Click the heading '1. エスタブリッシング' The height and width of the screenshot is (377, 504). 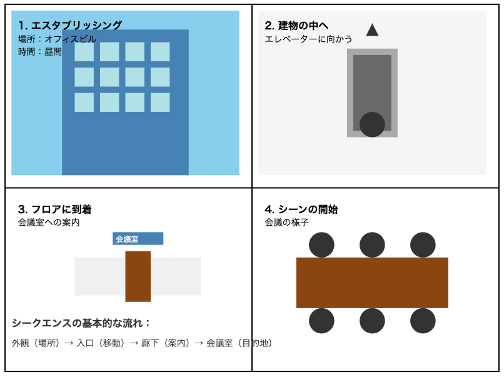coord(70,25)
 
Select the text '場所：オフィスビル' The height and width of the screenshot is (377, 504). coord(57,39)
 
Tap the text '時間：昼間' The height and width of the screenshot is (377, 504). coord(40,51)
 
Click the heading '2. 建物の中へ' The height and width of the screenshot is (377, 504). coord(296,26)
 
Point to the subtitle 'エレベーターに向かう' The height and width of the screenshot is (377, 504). coord(308,39)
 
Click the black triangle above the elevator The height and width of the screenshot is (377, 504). coord(372,29)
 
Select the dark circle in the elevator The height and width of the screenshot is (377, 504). coord(372,124)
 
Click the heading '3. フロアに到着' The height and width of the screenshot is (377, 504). coord(54,209)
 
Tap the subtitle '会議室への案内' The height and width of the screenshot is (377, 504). coord(49,223)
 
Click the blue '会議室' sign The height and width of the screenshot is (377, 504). coord(138,238)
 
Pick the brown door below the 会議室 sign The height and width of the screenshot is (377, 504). coord(138,276)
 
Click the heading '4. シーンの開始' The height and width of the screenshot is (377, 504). coord(301,209)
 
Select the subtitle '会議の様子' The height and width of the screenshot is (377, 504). coord(287,223)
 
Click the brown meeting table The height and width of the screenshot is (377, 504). coord(372,283)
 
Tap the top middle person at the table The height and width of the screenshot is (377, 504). coord(372,244)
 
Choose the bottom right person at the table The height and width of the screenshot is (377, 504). coord(423,321)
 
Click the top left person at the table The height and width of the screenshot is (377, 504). coord(321,244)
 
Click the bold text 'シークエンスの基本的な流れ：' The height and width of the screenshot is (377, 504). coord(81,323)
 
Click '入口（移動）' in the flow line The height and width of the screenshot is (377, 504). coord(101,343)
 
